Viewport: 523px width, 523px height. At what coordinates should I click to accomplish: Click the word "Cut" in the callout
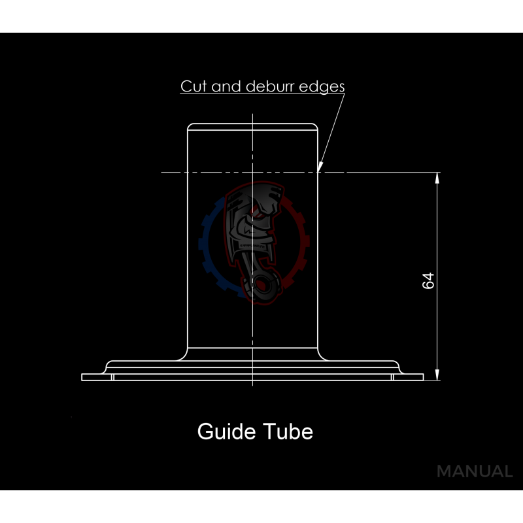point(194,86)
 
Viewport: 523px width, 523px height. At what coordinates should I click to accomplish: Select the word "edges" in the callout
point(322,88)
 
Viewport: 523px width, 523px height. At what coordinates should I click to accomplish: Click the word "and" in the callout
point(226,86)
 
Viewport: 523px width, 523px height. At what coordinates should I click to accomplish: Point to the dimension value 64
point(428,280)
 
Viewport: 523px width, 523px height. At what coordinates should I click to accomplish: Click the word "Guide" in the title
point(226,431)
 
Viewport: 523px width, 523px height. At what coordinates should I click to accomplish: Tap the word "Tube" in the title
point(288,431)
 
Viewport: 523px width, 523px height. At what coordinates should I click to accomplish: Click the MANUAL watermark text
point(475,471)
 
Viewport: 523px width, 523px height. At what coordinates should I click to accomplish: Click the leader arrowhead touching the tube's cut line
point(320,167)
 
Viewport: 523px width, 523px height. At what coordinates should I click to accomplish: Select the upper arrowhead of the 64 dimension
point(437,178)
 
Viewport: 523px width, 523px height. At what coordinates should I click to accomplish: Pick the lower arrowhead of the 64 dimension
point(437,375)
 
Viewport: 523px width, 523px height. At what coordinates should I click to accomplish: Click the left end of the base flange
point(82,377)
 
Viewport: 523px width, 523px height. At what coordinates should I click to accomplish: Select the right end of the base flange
point(423,377)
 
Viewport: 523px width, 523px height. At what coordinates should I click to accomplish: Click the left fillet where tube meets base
point(183,354)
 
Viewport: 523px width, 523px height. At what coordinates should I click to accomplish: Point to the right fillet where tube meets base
point(322,354)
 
